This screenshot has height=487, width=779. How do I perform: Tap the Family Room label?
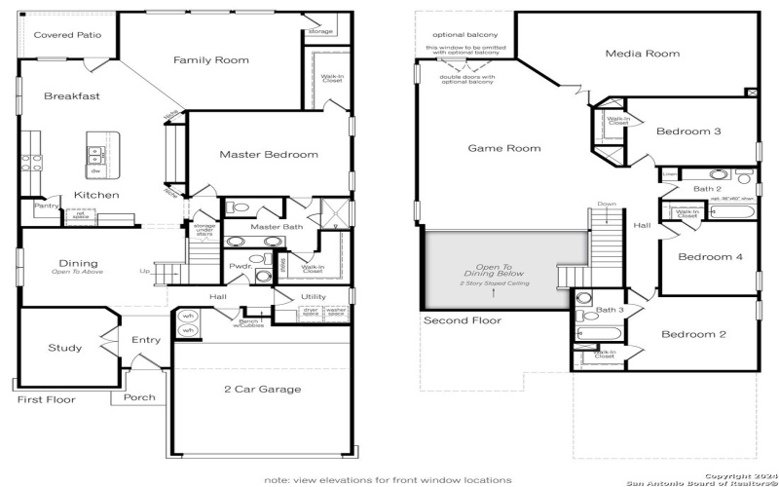pyautogui.click(x=211, y=60)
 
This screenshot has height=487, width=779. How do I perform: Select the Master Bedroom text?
pyautogui.click(x=269, y=154)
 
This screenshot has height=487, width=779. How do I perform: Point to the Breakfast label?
pyautogui.click(x=72, y=96)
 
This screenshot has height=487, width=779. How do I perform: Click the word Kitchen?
pyautogui.click(x=96, y=195)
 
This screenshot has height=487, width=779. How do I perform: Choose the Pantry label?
pyautogui.click(x=45, y=206)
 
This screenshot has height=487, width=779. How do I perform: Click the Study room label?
pyautogui.click(x=65, y=348)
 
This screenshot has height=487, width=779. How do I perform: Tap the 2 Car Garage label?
pyautogui.click(x=262, y=389)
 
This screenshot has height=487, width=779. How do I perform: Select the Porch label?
pyautogui.click(x=139, y=397)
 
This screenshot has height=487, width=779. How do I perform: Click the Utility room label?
pyautogui.click(x=314, y=297)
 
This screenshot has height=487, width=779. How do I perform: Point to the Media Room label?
pyautogui.click(x=642, y=54)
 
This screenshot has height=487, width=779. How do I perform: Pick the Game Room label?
pyautogui.click(x=503, y=148)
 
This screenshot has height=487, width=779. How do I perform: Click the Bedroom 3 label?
pyautogui.click(x=687, y=131)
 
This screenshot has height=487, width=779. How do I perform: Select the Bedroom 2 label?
pyautogui.click(x=694, y=334)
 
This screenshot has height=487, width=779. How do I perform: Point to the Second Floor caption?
pyautogui.click(x=463, y=320)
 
